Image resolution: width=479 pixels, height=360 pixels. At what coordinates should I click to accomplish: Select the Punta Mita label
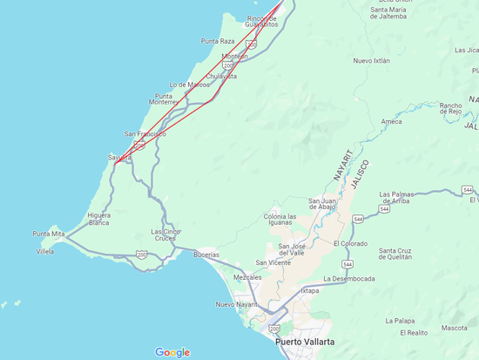tap(49, 234)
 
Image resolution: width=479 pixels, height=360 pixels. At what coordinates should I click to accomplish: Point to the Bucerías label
tap(206, 255)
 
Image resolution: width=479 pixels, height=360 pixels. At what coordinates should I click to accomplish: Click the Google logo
tap(172, 352)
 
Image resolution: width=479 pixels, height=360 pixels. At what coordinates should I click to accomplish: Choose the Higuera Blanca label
tap(98, 219)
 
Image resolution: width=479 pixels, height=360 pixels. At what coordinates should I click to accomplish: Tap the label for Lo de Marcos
tap(189, 85)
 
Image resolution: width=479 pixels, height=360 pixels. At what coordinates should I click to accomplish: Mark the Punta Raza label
tap(218, 41)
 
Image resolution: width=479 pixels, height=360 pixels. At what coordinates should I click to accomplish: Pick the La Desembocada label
tap(348, 279)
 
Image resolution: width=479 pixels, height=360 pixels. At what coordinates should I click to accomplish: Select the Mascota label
tap(454, 328)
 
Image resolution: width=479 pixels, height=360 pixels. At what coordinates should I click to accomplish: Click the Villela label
tap(44, 251)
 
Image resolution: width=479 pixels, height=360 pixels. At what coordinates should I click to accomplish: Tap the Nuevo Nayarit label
tap(237, 304)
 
